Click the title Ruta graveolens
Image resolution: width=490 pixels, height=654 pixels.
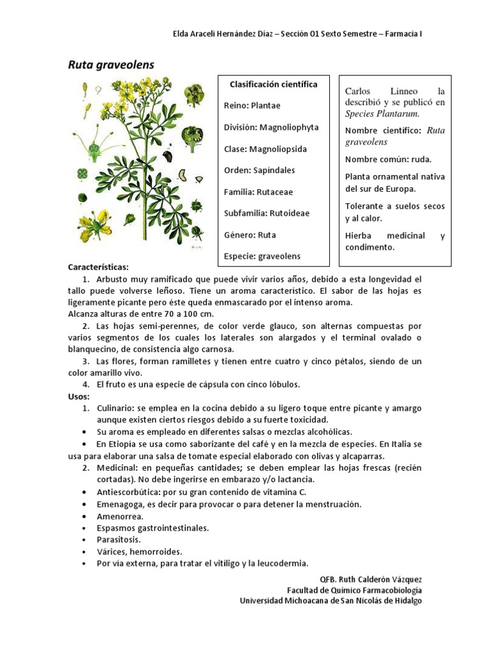point(111,65)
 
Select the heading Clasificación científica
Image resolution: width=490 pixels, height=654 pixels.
point(273,84)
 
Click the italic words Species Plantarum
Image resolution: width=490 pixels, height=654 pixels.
point(382,114)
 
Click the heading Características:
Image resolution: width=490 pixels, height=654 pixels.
point(98,267)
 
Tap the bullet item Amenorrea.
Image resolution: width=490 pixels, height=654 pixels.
point(120,516)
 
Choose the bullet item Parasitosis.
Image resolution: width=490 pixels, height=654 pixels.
point(119,540)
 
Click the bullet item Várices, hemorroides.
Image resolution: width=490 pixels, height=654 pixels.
point(139,551)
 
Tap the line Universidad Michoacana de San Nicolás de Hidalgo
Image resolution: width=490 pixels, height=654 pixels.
point(330,600)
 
